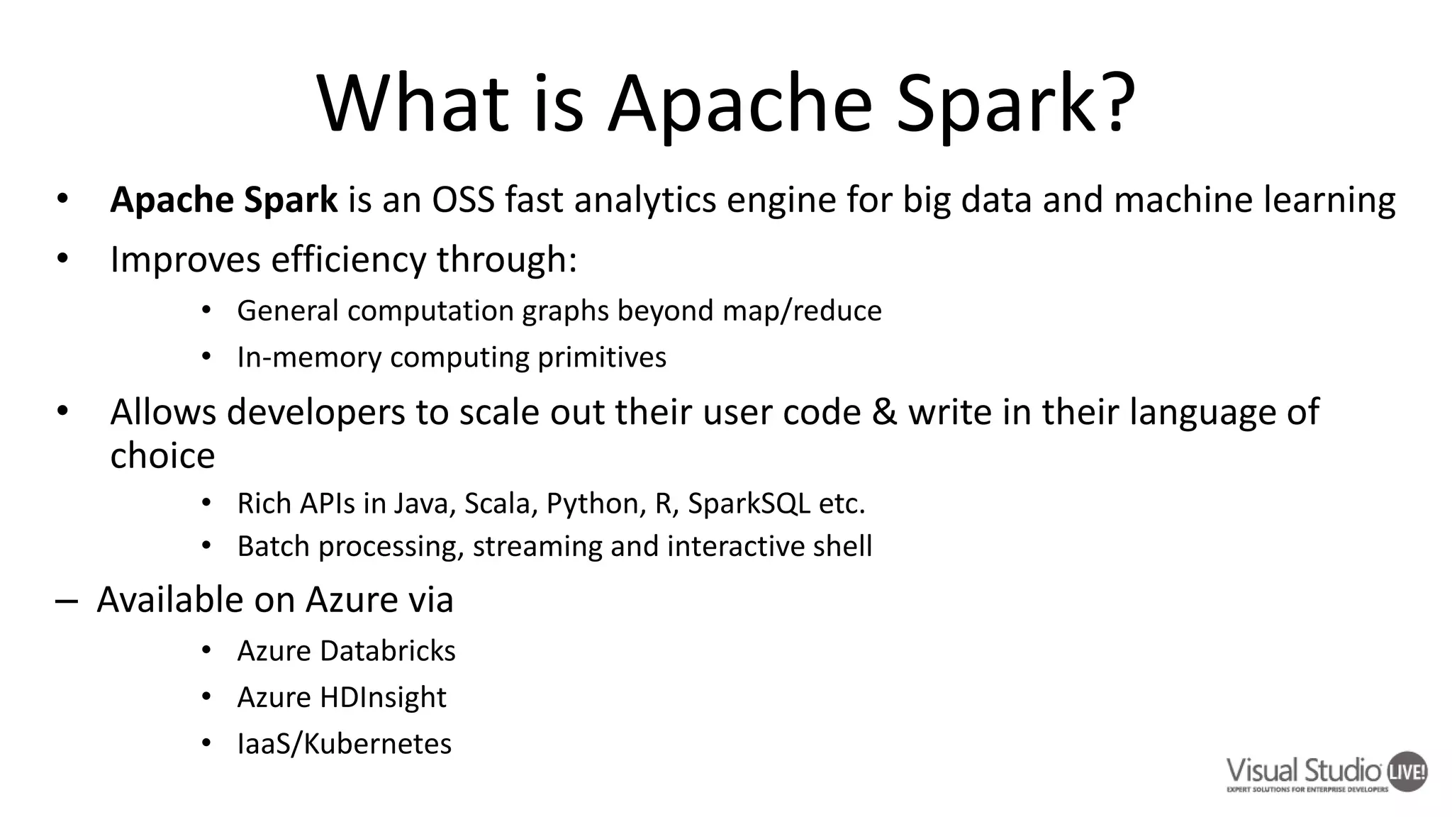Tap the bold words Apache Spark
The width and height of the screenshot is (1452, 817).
[224, 200]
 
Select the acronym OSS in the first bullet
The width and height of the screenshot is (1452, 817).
[463, 200]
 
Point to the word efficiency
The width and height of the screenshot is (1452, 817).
[348, 260]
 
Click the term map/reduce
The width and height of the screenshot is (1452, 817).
[802, 311]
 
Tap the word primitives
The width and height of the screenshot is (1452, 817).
[602, 357]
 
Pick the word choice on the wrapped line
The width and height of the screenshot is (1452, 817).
[162, 455]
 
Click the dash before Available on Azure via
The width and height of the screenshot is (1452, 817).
[66, 601]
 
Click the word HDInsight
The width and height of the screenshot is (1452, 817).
[383, 697]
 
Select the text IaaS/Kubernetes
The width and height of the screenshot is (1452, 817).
[344, 744]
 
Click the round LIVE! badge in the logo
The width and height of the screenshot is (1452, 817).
[1407, 772]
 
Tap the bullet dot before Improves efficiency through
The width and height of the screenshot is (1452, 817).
[62, 259]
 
